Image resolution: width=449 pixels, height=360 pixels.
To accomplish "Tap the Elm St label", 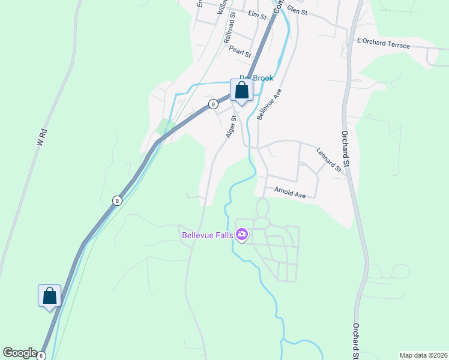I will coord(256,14).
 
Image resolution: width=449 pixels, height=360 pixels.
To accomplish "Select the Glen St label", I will coord(297,10).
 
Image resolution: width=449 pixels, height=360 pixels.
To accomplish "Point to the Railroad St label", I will coord(229,30).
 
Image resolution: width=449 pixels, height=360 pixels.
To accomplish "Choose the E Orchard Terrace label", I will coord(383,43).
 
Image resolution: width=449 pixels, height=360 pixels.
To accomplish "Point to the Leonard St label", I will coord(328,160).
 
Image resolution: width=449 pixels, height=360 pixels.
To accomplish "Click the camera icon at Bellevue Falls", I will coord(242,234).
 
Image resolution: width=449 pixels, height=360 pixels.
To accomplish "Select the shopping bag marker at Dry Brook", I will coord(241,91).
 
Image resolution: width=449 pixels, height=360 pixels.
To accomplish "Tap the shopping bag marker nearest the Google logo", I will coord(49,296).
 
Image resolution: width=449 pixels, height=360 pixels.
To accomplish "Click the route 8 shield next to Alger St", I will coord(213,104).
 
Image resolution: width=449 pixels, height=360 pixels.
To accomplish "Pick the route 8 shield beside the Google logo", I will coord(41,355).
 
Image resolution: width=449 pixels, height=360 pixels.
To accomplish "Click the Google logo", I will coord(19,352).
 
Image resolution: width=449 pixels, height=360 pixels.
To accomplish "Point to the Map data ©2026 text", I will coord(423,355).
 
